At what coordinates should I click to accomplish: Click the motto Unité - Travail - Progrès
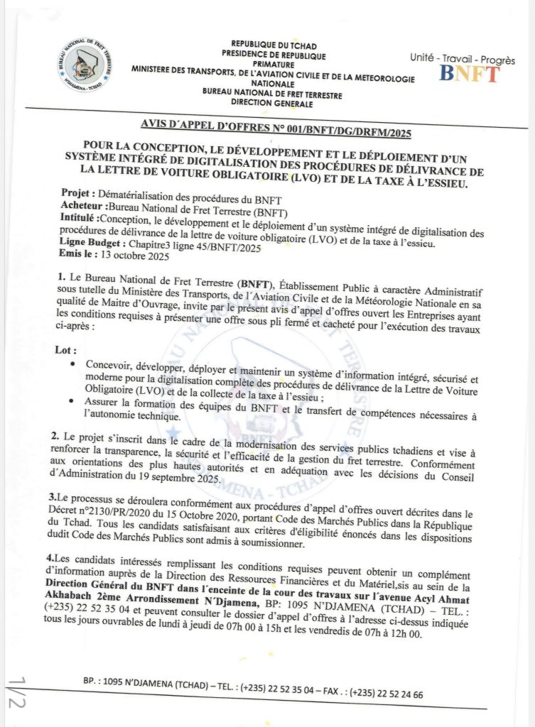(463, 60)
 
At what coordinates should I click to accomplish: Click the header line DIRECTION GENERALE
(272, 104)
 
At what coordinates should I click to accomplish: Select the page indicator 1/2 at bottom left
(17, 692)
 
